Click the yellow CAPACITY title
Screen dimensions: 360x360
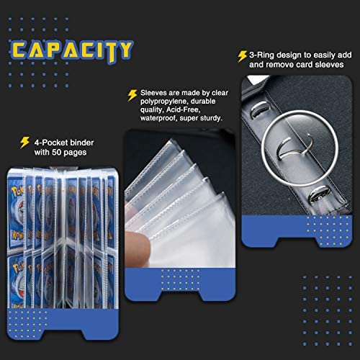pos(72,51)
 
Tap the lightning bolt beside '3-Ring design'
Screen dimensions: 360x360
pos(242,57)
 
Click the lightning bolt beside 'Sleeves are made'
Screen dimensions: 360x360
pos(132,95)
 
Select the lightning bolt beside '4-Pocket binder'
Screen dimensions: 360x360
pos(24,143)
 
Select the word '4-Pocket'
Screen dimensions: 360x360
pos(49,143)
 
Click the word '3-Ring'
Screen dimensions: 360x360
pos(261,55)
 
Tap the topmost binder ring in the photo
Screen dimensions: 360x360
pos(259,108)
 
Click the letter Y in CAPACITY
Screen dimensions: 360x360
pos(124,50)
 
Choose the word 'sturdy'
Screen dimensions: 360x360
pos(210,118)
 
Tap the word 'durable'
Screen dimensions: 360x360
pos(203,102)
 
